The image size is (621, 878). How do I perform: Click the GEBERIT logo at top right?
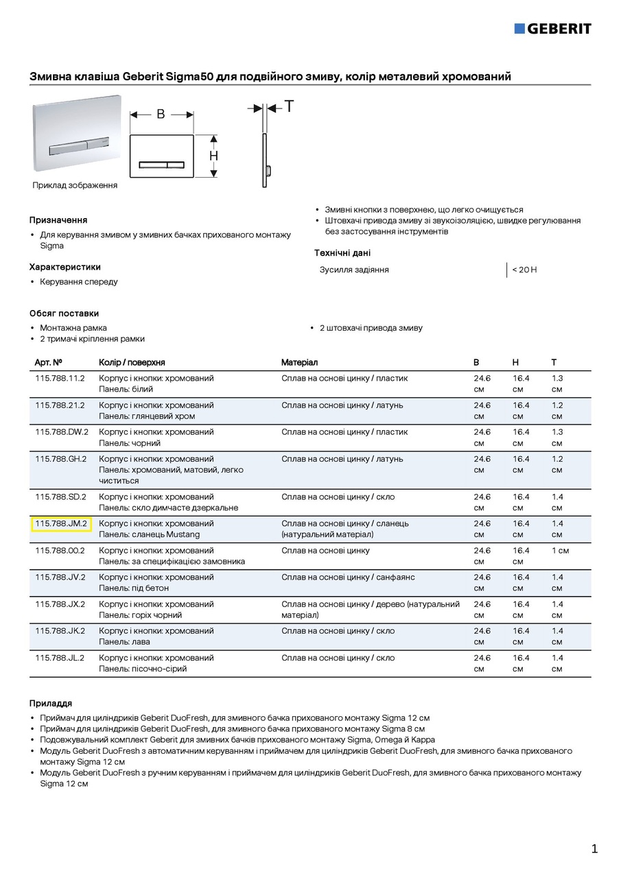point(552,28)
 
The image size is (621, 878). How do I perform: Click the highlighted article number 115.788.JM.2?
point(61,524)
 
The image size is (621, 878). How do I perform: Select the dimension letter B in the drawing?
point(161,115)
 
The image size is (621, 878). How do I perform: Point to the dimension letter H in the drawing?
point(214,156)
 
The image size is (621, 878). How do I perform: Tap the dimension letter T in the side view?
point(289,107)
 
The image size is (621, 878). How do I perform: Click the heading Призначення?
point(58,220)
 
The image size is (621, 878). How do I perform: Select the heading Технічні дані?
point(342,253)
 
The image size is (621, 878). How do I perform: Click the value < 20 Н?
point(524,270)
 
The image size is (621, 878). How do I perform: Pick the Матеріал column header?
point(299,362)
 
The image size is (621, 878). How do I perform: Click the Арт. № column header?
point(49,362)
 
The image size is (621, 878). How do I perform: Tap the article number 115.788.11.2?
point(60,379)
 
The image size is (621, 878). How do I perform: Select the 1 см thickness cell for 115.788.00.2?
point(560,551)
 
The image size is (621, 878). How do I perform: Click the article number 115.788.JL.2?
point(60,658)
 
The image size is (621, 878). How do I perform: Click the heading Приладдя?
point(50,703)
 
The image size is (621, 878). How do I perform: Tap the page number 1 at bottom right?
point(594,849)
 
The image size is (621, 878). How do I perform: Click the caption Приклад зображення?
point(75,185)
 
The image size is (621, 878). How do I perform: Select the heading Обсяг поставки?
point(64,313)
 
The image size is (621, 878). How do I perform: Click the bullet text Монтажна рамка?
point(73,328)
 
